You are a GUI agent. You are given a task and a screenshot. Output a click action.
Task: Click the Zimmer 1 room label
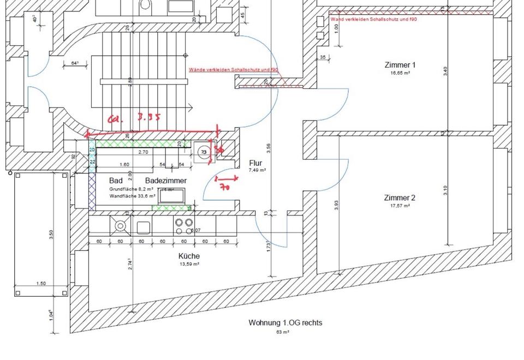coord(400,65)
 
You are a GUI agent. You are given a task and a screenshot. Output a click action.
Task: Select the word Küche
coord(189,256)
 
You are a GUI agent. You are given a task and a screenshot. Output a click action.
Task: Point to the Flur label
coord(255,163)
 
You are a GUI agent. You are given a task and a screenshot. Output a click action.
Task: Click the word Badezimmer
coord(166,181)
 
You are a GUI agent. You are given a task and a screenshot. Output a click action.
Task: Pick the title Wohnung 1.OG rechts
coord(285,322)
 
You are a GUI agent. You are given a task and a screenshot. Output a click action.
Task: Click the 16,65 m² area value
coord(400,73)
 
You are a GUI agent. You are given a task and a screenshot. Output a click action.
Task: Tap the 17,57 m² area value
coord(400,206)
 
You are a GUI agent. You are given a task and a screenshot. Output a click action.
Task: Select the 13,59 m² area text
coord(189,264)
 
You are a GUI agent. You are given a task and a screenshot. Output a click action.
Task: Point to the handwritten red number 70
coord(224,187)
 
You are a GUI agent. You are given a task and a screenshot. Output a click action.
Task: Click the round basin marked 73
coord(204,152)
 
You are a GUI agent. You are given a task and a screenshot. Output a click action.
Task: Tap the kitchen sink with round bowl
coord(120,226)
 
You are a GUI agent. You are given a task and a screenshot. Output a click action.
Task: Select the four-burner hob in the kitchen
coord(184,226)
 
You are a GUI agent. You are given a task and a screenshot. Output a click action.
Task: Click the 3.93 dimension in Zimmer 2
coord(337,205)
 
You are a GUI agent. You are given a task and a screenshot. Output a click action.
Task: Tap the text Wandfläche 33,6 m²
coord(132,195)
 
